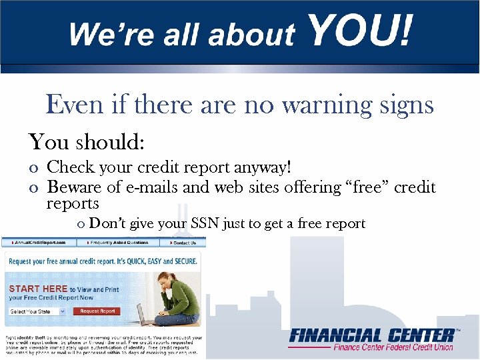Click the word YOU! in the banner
(361, 31)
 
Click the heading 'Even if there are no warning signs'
(240, 105)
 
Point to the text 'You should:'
(87, 141)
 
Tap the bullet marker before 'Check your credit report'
(33, 169)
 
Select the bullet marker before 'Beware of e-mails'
(33, 189)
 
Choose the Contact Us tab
(184, 243)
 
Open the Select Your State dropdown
(37, 311)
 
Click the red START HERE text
(38, 289)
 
